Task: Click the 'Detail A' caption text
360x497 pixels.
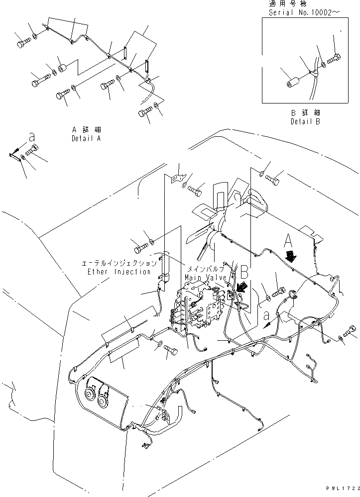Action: tap(86, 139)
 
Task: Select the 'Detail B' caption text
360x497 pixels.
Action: tap(305, 121)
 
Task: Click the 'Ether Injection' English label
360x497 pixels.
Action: tap(119, 272)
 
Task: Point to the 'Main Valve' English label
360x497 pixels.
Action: tap(206, 277)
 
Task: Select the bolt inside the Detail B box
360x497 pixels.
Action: tap(334, 61)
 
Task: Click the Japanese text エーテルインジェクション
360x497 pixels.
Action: tap(120, 263)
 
